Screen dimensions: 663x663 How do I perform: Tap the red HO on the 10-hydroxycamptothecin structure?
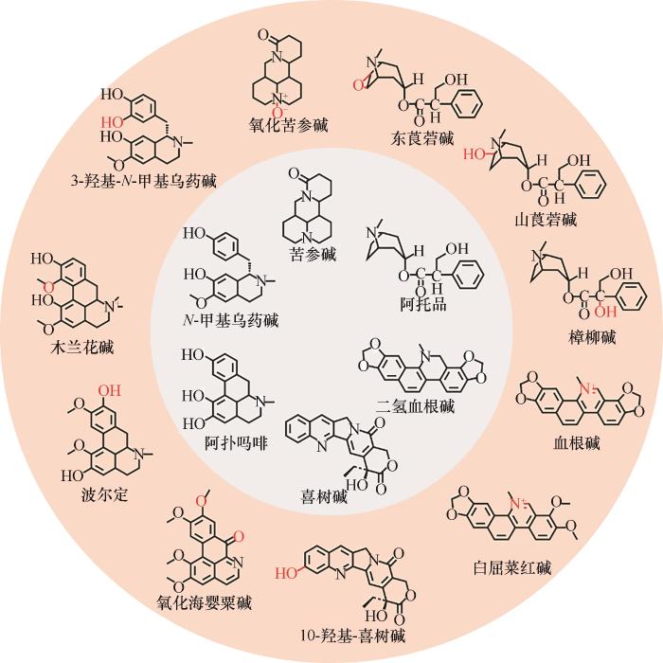286,574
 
